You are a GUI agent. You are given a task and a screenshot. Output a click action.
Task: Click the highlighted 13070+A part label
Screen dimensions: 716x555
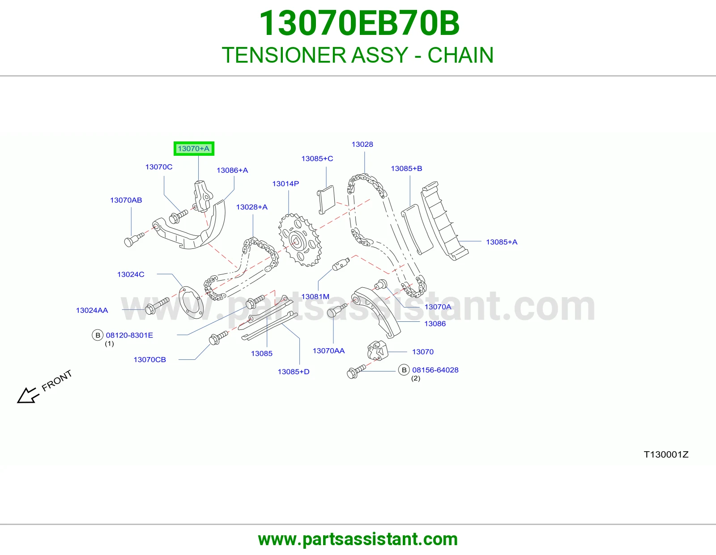[x=194, y=149]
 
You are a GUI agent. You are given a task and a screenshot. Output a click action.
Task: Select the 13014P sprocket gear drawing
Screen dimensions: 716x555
[x=300, y=240]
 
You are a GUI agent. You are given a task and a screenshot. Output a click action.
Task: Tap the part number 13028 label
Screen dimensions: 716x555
[x=362, y=145]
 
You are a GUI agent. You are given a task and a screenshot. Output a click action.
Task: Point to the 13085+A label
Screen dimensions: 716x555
[x=502, y=242]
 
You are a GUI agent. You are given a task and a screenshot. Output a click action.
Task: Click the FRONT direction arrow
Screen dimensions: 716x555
[x=28, y=395]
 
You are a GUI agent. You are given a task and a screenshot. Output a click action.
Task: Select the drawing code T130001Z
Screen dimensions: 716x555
[x=666, y=454]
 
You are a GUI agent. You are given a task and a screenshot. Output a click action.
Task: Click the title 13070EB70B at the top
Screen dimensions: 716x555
[x=359, y=23]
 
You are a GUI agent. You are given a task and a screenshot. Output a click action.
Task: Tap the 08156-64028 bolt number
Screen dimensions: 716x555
[x=435, y=370]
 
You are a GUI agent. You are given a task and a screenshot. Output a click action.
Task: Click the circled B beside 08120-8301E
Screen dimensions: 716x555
[x=98, y=335]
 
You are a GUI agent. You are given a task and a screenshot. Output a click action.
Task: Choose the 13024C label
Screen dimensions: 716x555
[x=131, y=274]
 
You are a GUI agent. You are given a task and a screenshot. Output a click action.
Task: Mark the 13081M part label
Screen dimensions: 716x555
[x=315, y=297]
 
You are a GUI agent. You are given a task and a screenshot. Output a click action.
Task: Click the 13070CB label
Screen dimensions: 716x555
[x=149, y=359]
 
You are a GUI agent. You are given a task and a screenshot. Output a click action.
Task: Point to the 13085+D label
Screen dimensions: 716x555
[x=293, y=372]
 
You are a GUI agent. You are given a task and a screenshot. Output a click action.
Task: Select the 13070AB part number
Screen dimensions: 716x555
[x=126, y=200]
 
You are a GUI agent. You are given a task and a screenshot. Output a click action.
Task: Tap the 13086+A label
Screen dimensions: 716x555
[x=232, y=171]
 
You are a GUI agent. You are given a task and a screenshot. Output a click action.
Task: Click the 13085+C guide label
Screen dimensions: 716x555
[x=317, y=158]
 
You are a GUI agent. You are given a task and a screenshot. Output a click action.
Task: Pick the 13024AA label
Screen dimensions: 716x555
[x=92, y=310]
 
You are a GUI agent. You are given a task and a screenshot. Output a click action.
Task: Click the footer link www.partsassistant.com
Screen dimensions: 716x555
[x=358, y=539]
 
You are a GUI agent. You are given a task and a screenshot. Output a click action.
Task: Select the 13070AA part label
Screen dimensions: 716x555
[x=328, y=350]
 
